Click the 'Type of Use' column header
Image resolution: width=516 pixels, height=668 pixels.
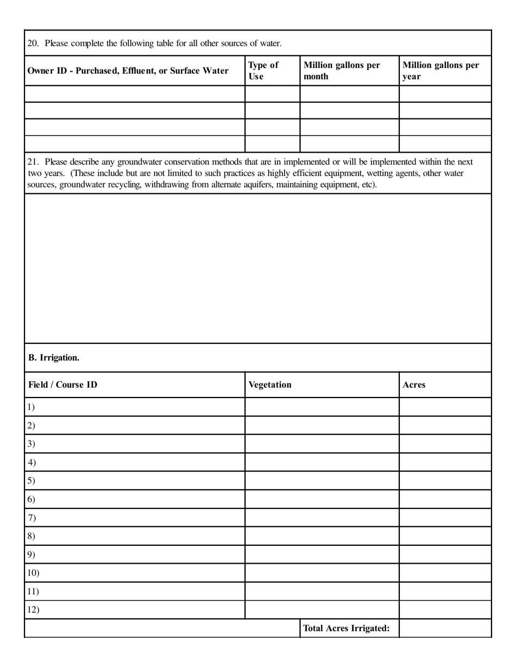click(x=263, y=71)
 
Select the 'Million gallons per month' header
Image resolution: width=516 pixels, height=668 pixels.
click(x=342, y=71)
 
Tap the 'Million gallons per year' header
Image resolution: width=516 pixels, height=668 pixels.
click(x=441, y=71)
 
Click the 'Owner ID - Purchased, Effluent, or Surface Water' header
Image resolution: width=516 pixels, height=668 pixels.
click(x=128, y=71)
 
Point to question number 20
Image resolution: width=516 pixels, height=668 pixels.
click(x=33, y=43)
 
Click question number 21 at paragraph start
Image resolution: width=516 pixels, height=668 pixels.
click(x=33, y=162)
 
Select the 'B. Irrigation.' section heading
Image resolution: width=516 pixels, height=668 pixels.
click(x=54, y=357)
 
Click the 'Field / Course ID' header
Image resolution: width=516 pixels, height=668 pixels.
click(x=63, y=385)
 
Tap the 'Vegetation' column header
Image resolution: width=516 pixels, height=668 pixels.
click(x=270, y=385)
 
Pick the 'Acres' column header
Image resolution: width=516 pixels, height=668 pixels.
click(x=414, y=385)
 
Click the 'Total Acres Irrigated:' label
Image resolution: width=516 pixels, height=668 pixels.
click(x=347, y=628)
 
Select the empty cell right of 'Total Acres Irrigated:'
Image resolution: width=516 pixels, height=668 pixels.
click(x=445, y=628)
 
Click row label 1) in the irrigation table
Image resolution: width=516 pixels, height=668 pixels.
click(x=31, y=407)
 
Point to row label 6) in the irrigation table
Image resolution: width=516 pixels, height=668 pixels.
click(x=31, y=499)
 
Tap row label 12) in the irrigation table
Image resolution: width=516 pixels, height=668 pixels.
click(x=33, y=609)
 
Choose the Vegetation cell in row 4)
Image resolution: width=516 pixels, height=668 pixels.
click(x=322, y=462)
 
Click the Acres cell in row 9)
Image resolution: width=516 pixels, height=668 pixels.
click(x=445, y=554)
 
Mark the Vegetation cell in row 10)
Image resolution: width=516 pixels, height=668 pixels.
click(x=322, y=573)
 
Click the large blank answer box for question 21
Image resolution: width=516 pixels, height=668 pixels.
click(x=258, y=268)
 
